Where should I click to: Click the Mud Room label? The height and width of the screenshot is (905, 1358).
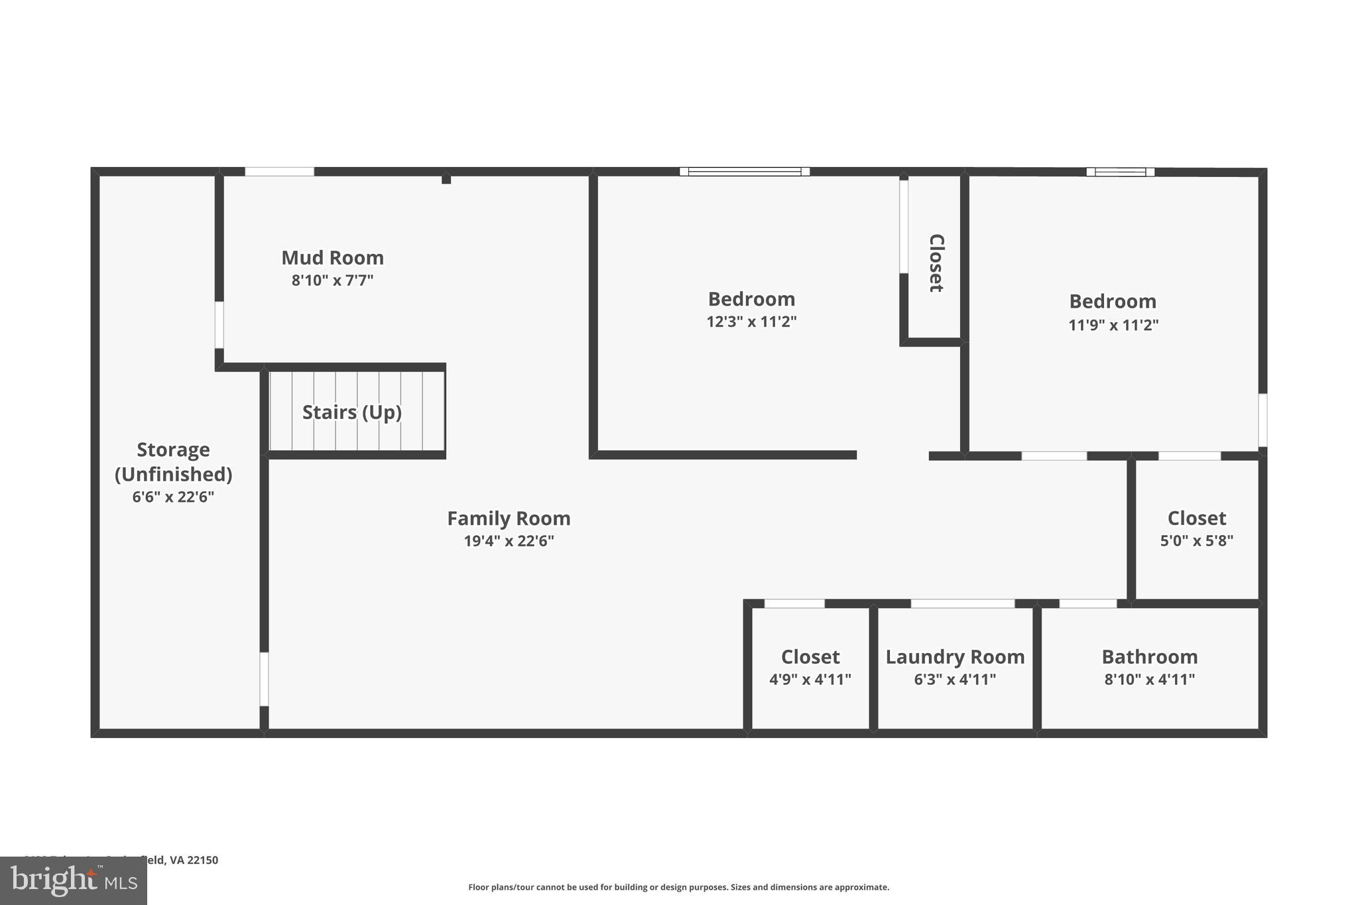click(x=332, y=257)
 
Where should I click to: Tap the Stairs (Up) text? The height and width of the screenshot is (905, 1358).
click(x=351, y=412)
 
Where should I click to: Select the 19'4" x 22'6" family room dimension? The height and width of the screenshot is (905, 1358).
click(x=509, y=541)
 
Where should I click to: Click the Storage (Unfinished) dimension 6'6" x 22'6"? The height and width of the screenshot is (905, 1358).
click(x=173, y=497)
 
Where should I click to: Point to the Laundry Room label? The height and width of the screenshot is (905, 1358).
click(x=955, y=657)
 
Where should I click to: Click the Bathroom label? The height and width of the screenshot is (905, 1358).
click(x=1149, y=657)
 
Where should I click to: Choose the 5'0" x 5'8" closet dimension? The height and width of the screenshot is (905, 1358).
click(x=1196, y=541)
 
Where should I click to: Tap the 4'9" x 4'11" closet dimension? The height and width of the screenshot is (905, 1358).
click(x=810, y=680)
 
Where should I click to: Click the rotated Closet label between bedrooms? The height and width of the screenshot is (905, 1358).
click(x=936, y=263)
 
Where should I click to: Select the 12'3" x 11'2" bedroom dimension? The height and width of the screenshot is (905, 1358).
click(x=751, y=322)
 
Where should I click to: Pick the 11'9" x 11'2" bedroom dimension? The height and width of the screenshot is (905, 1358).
click(x=1113, y=326)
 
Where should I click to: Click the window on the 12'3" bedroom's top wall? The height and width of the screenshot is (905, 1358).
click(x=744, y=172)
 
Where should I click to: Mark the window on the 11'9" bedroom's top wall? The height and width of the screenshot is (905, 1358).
click(x=1120, y=172)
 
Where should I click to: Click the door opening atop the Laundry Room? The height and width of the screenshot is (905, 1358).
click(x=962, y=603)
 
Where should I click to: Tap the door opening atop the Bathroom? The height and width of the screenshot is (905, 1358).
click(x=1087, y=603)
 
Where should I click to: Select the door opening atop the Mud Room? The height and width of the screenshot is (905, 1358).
click(x=279, y=172)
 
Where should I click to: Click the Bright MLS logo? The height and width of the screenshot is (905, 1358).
click(x=74, y=881)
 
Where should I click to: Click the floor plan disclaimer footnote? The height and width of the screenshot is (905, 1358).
click(x=678, y=887)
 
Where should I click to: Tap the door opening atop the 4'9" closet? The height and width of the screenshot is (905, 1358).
click(x=794, y=603)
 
